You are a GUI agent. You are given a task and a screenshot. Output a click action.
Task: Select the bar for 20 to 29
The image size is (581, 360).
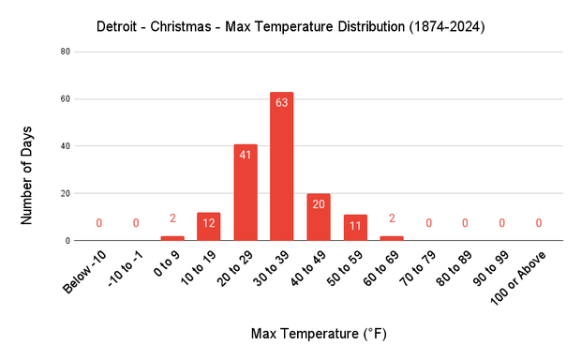pos(246,192)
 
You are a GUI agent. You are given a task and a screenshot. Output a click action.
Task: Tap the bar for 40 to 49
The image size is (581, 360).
pos(319,217)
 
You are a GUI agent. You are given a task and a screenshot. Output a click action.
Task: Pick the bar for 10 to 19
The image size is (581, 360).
pos(209,226)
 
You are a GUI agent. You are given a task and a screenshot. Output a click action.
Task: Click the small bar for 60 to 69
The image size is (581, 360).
pos(392,238)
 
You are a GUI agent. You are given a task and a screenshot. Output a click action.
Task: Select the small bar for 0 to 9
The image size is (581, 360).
pos(172,238)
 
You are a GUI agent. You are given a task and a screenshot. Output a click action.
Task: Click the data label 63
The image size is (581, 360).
pos(282,103)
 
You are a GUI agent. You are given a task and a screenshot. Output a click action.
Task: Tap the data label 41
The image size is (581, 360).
pos(246,155)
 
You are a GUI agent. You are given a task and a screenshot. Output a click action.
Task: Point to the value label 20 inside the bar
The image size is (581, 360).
pos(319,204)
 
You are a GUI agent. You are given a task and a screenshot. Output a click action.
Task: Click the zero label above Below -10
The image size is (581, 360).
pos(99,223)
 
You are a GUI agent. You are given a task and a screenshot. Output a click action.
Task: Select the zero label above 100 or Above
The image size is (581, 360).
pos(538,223)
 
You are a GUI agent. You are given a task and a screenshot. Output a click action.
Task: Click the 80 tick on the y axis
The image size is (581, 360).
pos(65,52)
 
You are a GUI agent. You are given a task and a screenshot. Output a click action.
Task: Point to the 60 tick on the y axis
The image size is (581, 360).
pos(65,98)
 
